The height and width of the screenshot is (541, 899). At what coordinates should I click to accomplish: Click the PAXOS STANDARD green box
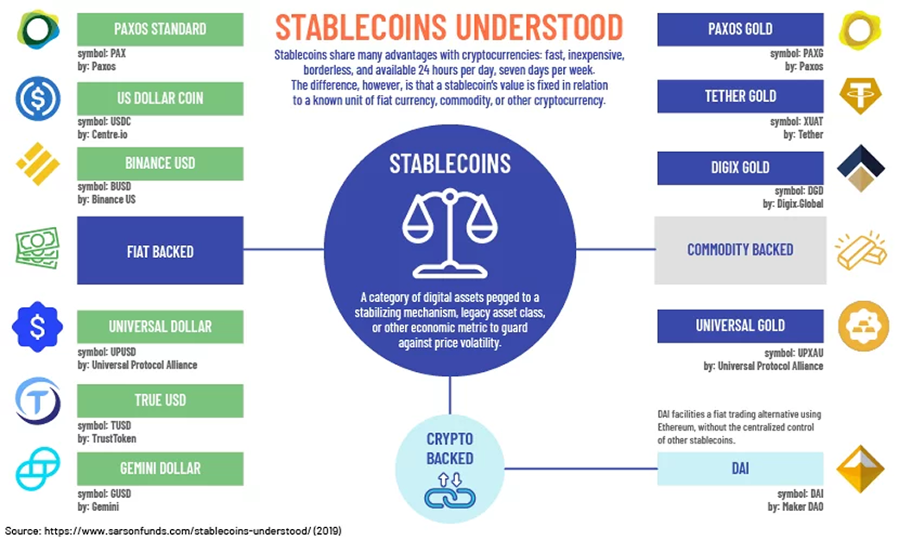160,29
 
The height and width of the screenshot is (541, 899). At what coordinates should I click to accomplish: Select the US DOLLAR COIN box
160,98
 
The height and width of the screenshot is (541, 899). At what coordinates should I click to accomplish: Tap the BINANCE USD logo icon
37,164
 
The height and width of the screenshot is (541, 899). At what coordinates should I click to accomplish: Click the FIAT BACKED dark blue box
160,251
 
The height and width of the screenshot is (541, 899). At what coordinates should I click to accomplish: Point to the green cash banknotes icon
37,248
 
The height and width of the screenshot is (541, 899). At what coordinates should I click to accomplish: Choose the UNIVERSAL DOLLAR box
160,327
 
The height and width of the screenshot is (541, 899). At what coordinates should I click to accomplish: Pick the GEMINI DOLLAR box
160,469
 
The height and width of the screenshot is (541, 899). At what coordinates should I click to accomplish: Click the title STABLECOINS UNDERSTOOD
449,27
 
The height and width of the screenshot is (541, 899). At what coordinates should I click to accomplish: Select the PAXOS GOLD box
740,29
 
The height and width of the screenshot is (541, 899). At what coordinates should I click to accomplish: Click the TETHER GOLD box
740,96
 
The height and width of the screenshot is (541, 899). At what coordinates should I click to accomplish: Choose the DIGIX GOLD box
740,167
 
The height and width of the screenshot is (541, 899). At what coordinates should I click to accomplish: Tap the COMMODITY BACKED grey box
740,250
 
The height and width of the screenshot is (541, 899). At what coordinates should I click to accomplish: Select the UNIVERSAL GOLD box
740,326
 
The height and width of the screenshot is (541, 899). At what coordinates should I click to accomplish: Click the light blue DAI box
740,469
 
